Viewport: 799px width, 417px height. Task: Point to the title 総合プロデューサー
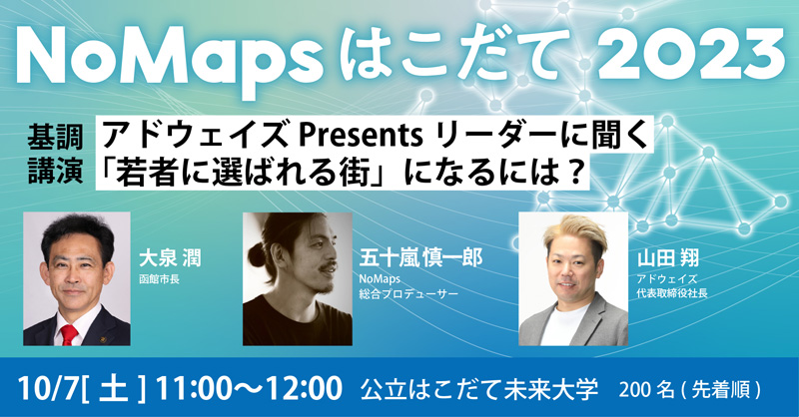click(404, 295)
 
